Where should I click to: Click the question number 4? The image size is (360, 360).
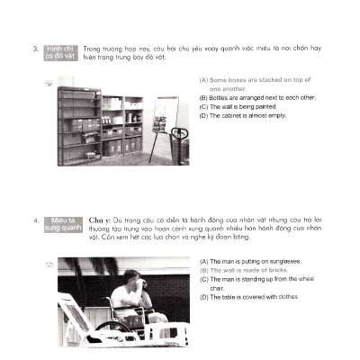[35, 219]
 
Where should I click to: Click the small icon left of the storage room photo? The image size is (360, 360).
[47, 82]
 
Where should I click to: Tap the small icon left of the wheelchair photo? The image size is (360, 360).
[47, 264]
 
